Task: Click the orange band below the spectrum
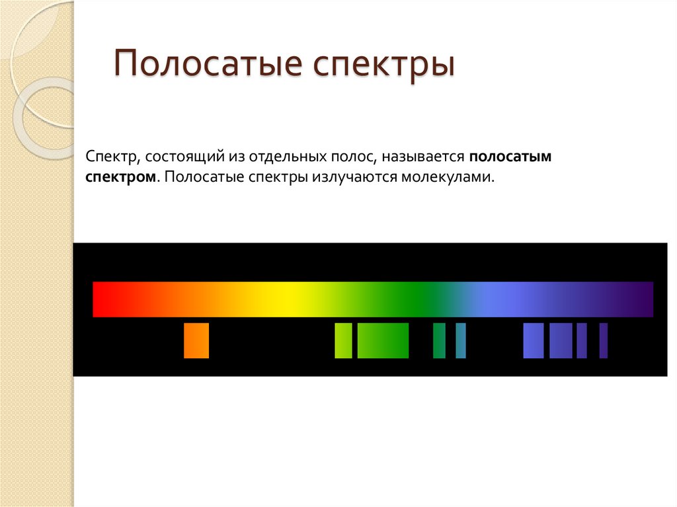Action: coord(196,341)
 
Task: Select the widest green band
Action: coord(383,341)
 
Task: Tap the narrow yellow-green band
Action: coord(343,341)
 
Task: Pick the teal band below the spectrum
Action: coord(461,341)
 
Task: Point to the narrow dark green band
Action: coord(439,341)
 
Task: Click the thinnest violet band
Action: coord(603,341)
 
